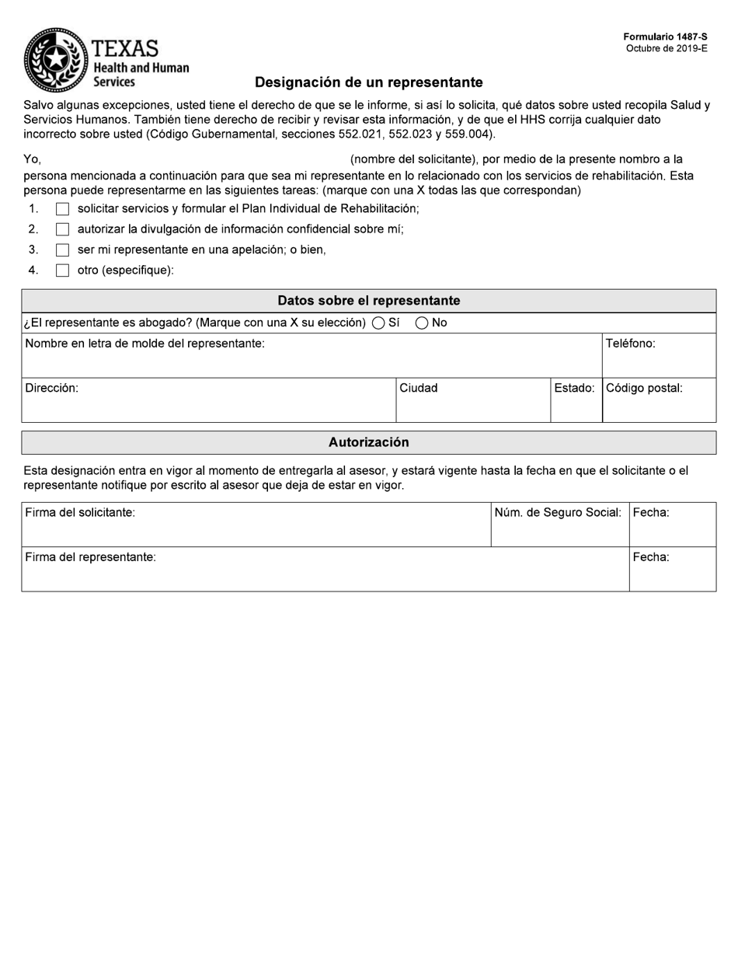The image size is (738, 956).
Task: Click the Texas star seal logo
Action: tap(56, 60)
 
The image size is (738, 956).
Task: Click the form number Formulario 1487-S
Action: tap(665, 37)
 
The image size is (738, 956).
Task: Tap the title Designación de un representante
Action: tap(368, 82)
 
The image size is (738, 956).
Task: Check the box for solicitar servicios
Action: tap(62, 209)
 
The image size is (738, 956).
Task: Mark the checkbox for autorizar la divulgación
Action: tap(62, 229)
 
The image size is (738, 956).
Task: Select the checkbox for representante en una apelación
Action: tap(62, 250)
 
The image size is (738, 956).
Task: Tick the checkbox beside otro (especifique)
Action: tap(62, 270)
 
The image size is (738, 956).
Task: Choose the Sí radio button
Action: tap(378, 323)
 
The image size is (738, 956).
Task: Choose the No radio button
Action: tap(422, 323)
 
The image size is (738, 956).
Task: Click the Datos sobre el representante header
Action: tap(368, 301)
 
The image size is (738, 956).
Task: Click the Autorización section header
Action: tap(368, 442)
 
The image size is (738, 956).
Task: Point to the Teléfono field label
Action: tap(630, 344)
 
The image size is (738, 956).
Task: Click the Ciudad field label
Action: tap(418, 388)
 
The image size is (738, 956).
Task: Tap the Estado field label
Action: tap(574, 388)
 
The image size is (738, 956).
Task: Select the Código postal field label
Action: tap(644, 388)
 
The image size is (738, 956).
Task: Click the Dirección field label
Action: tap(51, 388)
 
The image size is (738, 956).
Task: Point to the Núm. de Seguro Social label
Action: tap(558, 512)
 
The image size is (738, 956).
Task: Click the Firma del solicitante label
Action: tap(80, 512)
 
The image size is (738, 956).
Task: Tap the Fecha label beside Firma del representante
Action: tap(651, 557)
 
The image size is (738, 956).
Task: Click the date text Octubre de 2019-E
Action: tap(667, 48)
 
